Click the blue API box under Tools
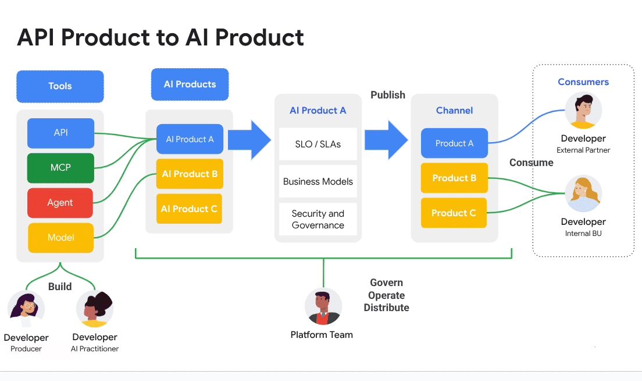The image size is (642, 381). (x=60, y=133)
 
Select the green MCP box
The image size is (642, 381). (x=60, y=168)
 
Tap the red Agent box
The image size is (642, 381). (x=60, y=203)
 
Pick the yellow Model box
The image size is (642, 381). (x=60, y=238)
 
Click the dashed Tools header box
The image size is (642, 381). (x=60, y=86)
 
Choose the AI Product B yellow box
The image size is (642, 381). (x=190, y=174)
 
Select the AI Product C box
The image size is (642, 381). (x=190, y=209)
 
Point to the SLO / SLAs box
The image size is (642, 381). (x=318, y=144)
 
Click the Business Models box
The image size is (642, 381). (x=318, y=181)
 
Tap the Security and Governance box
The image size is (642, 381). (x=318, y=219)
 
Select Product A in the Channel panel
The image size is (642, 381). (x=454, y=143)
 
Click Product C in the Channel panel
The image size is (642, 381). (x=454, y=213)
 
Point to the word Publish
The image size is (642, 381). (x=388, y=95)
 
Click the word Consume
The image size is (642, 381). (x=532, y=163)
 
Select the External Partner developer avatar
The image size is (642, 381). (x=583, y=111)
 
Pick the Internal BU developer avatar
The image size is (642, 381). (x=583, y=194)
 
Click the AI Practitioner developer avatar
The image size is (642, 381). (x=95, y=309)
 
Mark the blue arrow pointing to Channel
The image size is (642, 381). (x=386, y=140)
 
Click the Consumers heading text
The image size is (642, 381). (x=583, y=82)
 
